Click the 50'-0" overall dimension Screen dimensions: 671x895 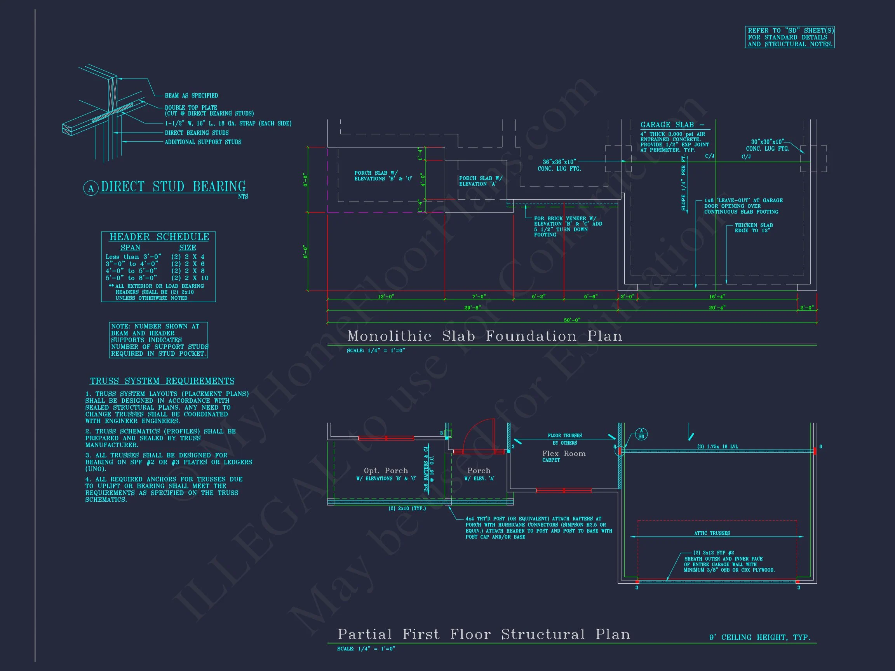(572, 320)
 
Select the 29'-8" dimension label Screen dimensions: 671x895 (472, 308)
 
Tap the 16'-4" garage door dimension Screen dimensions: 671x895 (717, 296)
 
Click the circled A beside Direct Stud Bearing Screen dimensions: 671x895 (91, 188)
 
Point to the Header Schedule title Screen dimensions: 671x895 (159, 237)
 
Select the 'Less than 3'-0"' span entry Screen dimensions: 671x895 (133, 257)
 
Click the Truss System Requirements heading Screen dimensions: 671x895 (162, 381)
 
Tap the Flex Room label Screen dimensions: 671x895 (564, 454)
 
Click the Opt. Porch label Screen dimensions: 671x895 (386, 471)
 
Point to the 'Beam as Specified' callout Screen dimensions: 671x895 (191, 96)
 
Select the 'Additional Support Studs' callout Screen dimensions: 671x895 (203, 142)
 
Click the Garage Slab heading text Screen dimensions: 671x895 (672, 125)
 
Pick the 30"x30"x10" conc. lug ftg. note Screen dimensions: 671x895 (768, 145)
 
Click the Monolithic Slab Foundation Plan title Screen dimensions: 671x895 (485, 336)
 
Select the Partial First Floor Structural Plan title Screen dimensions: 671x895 (484, 634)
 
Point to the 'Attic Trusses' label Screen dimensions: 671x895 (712, 533)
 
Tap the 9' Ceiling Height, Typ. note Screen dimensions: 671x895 (759, 638)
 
